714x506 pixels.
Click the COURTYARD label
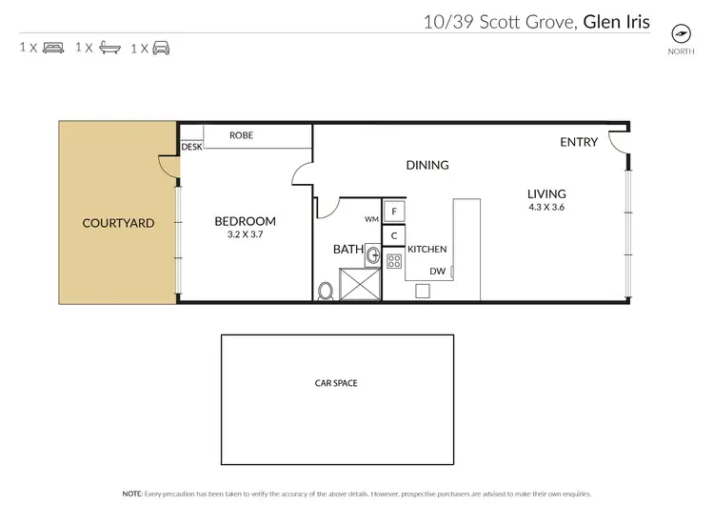coord(118,223)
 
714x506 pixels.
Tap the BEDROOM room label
coord(245,222)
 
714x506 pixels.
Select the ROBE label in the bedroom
coord(241,136)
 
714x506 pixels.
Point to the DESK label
coord(192,148)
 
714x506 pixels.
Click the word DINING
coord(427,165)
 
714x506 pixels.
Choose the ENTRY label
coord(579,142)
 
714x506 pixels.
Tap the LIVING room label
coord(546,193)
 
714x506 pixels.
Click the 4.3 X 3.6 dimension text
coord(546,207)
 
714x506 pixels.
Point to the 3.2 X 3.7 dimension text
coord(245,234)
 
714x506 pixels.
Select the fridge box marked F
coord(394,212)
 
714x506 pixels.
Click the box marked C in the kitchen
coord(394,235)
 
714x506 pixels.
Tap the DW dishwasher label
coord(438,271)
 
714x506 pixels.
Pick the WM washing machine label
coord(371,218)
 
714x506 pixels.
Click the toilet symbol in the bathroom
coord(326,290)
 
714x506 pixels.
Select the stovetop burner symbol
coord(394,261)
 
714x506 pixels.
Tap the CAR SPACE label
coord(336,383)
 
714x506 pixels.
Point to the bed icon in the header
coord(53,47)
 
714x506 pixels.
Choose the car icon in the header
coord(161,47)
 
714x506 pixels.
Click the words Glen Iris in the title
coord(616,21)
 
